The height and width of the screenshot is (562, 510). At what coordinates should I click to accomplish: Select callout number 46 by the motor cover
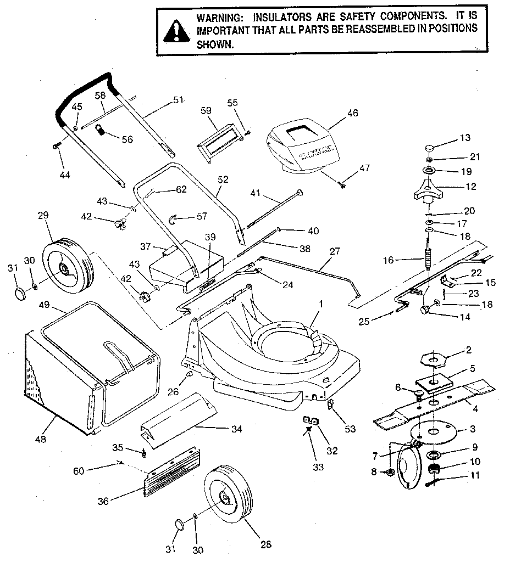pos(352,113)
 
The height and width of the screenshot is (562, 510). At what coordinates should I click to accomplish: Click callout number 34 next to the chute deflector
pos(236,429)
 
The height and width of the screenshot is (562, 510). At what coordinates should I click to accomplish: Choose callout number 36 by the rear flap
pos(103,500)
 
